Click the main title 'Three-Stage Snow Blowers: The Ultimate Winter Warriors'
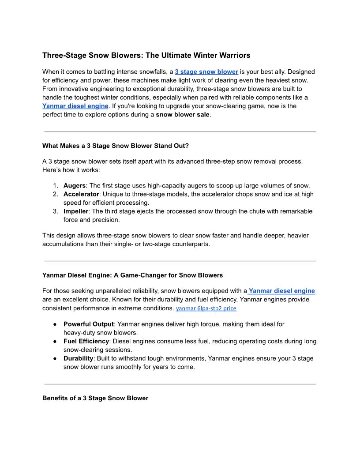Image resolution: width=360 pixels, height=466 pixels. point(146,56)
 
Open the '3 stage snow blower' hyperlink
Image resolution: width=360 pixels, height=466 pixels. point(206,71)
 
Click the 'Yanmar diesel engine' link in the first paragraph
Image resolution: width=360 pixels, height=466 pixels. point(75,106)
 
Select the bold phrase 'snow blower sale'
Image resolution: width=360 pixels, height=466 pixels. point(183,115)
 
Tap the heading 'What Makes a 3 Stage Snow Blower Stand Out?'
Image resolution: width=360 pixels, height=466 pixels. point(116,146)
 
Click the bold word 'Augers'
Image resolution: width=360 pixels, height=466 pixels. point(74,186)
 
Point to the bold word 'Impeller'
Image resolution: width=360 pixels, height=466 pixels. point(76,211)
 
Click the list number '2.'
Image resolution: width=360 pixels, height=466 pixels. point(56,194)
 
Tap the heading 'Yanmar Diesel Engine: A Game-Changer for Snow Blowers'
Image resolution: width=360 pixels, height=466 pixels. point(132,275)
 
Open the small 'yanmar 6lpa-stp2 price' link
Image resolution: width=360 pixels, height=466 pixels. point(206,308)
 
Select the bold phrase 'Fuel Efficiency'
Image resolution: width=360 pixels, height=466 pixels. point(86,342)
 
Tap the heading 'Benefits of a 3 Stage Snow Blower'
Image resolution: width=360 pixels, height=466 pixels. point(95,398)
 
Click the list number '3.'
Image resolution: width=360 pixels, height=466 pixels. point(56,211)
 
